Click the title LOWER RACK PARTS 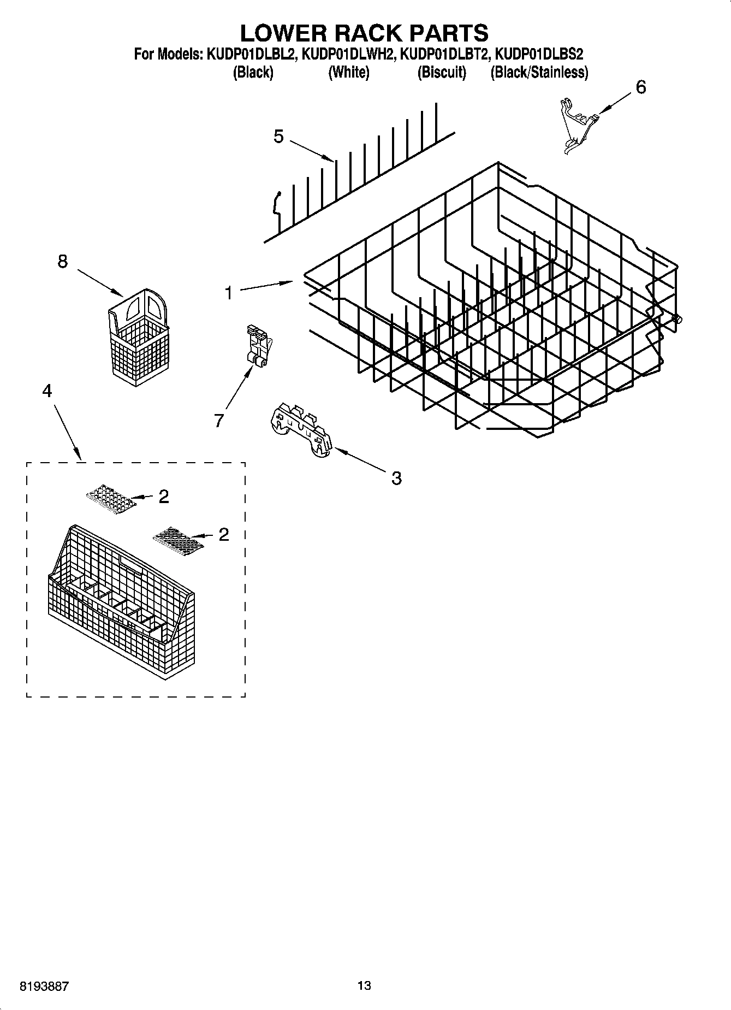tap(364, 33)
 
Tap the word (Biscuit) tap(442, 72)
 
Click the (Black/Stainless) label tap(539, 72)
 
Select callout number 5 tap(278, 137)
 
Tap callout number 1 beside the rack tap(229, 293)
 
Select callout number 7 tap(218, 420)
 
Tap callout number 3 tap(396, 478)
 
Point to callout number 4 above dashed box tap(47, 391)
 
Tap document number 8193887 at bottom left tap(44, 986)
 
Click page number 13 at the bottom tap(364, 985)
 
